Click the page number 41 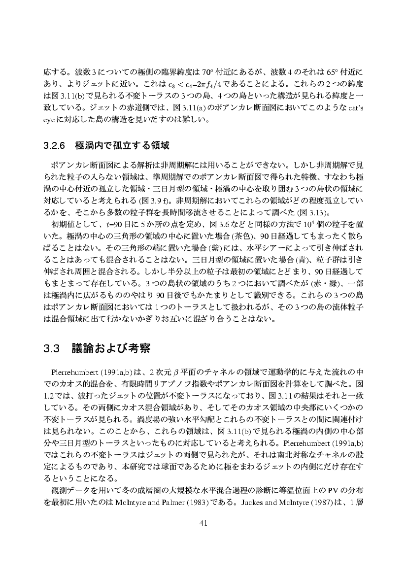pos(203,523)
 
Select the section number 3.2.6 pos(55,146)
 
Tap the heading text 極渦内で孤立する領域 pos(122,146)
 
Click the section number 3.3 pos(51,349)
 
